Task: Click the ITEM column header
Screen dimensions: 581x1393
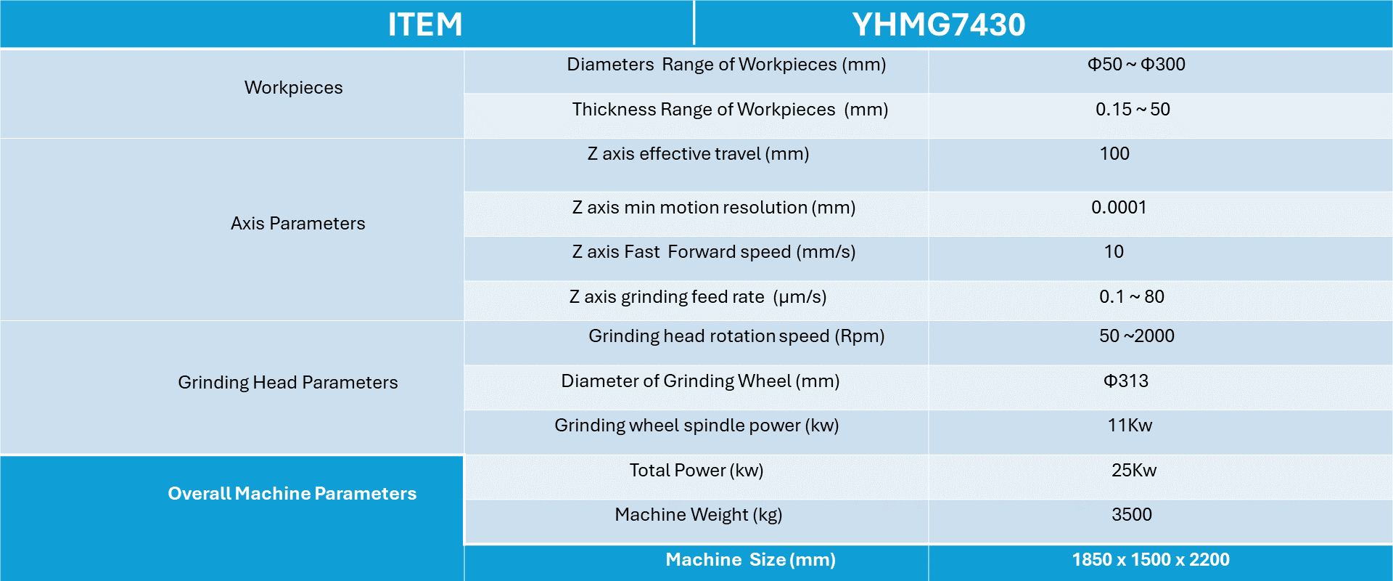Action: click(424, 25)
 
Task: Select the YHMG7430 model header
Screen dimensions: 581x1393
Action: click(938, 25)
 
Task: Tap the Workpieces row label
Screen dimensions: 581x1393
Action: click(293, 88)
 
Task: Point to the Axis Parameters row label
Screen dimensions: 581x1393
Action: click(297, 224)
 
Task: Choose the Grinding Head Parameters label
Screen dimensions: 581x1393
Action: click(287, 383)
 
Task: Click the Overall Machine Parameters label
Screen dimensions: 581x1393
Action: click(292, 494)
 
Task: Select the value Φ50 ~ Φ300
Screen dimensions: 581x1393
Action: click(1136, 65)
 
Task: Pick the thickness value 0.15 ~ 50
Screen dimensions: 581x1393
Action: click(1133, 110)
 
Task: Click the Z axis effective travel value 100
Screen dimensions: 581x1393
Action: click(1114, 154)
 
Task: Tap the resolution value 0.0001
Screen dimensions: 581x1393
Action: click(1119, 208)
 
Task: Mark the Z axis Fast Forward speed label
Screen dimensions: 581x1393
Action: click(713, 252)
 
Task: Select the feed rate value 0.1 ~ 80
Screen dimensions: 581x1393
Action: click(1131, 297)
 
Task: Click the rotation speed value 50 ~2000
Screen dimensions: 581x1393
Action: click(1136, 336)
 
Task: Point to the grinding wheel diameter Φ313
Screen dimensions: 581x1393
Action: click(1126, 381)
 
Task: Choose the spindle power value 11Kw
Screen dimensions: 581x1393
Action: click(1130, 426)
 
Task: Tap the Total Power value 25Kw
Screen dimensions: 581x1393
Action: click(1134, 471)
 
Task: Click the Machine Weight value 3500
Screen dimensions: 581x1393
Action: click(1132, 515)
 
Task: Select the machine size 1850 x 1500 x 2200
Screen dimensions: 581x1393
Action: click(1151, 560)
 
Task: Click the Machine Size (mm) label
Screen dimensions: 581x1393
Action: click(750, 560)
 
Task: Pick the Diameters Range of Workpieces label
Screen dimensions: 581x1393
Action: click(726, 65)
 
